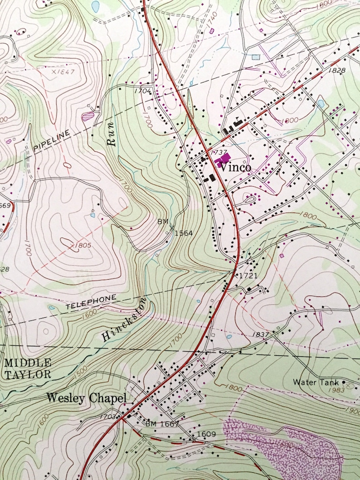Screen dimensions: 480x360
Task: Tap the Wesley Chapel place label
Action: (86, 398)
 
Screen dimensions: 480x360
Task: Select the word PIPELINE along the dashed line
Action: (52, 141)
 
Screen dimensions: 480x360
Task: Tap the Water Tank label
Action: (316, 382)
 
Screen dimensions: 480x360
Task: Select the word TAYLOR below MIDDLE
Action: (28, 374)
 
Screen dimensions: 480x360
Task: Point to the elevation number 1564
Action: (184, 233)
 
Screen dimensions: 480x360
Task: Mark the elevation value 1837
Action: (262, 335)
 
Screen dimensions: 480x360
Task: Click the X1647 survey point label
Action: (63, 72)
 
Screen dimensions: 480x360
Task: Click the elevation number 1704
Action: (142, 91)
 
